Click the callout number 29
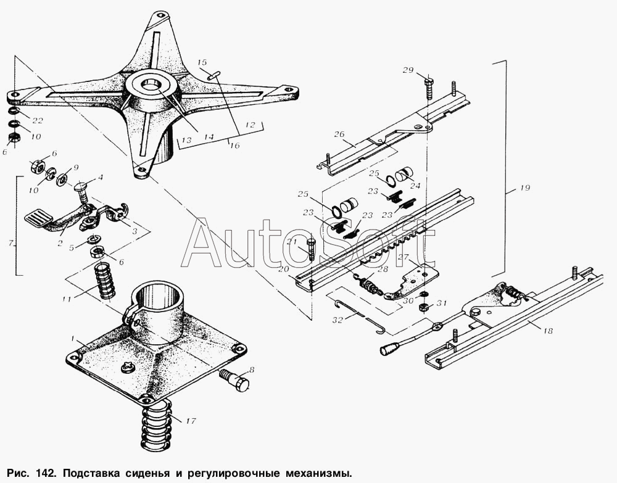[x=408, y=70]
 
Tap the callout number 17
[x=190, y=422]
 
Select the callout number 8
[x=251, y=371]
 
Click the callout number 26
[x=339, y=134]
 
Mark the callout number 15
[x=202, y=63]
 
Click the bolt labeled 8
[x=236, y=380]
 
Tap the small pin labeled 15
[x=213, y=76]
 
